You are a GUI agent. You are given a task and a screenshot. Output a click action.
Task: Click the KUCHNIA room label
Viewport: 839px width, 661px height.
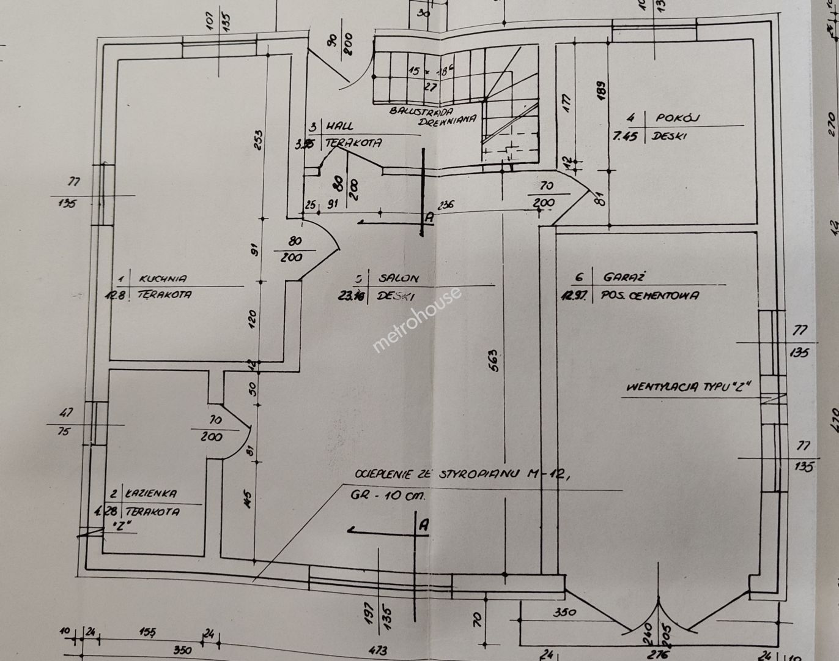tap(163, 278)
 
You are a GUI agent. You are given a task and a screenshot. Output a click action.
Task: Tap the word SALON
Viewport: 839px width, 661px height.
tap(398, 278)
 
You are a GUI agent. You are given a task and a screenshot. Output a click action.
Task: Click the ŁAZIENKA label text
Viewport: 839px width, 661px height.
tap(152, 493)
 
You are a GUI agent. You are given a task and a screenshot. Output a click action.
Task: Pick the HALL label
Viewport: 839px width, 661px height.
tap(339, 126)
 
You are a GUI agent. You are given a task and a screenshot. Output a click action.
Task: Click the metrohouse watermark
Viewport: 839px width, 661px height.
tap(416, 320)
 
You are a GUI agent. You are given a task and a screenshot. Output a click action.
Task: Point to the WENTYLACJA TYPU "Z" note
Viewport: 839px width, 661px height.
tap(687, 387)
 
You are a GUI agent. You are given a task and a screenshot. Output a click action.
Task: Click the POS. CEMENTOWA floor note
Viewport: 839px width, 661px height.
tap(650, 296)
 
